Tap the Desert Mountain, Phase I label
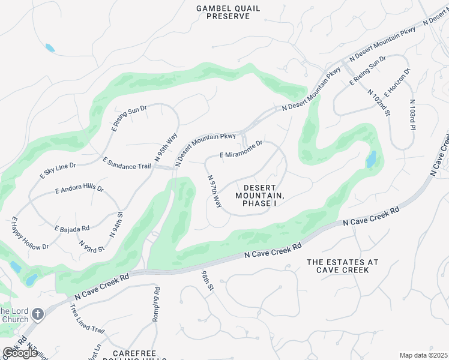pyautogui.click(x=259, y=196)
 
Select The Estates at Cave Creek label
pyautogui.click(x=342, y=266)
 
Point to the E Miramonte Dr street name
pyautogui.click(x=241, y=151)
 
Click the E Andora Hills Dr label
pyautogui.click(x=79, y=190)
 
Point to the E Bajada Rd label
pyautogui.click(x=71, y=228)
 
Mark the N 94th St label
pyautogui.click(x=116, y=224)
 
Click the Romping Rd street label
pyautogui.click(x=155, y=304)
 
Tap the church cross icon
pyautogui.click(x=37, y=314)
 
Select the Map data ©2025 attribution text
pyautogui.click(x=423, y=355)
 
